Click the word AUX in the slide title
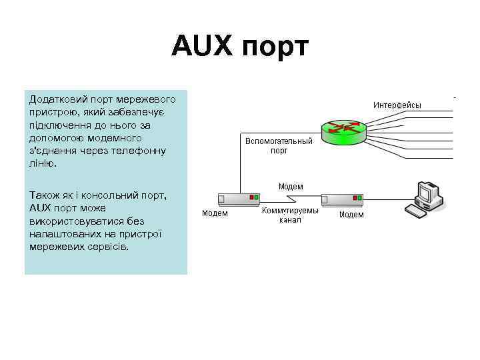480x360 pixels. click(x=203, y=47)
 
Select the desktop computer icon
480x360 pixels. click(x=424, y=198)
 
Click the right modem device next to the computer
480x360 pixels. click(x=342, y=199)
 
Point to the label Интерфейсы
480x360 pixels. click(x=397, y=105)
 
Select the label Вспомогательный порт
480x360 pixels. click(x=279, y=146)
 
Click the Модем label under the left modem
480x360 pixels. click(x=215, y=213)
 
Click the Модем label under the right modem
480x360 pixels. click(x=351, y=215)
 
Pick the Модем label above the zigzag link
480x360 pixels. click(x=291, y=187)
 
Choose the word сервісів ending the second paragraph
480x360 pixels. click(x=109, y=246)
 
